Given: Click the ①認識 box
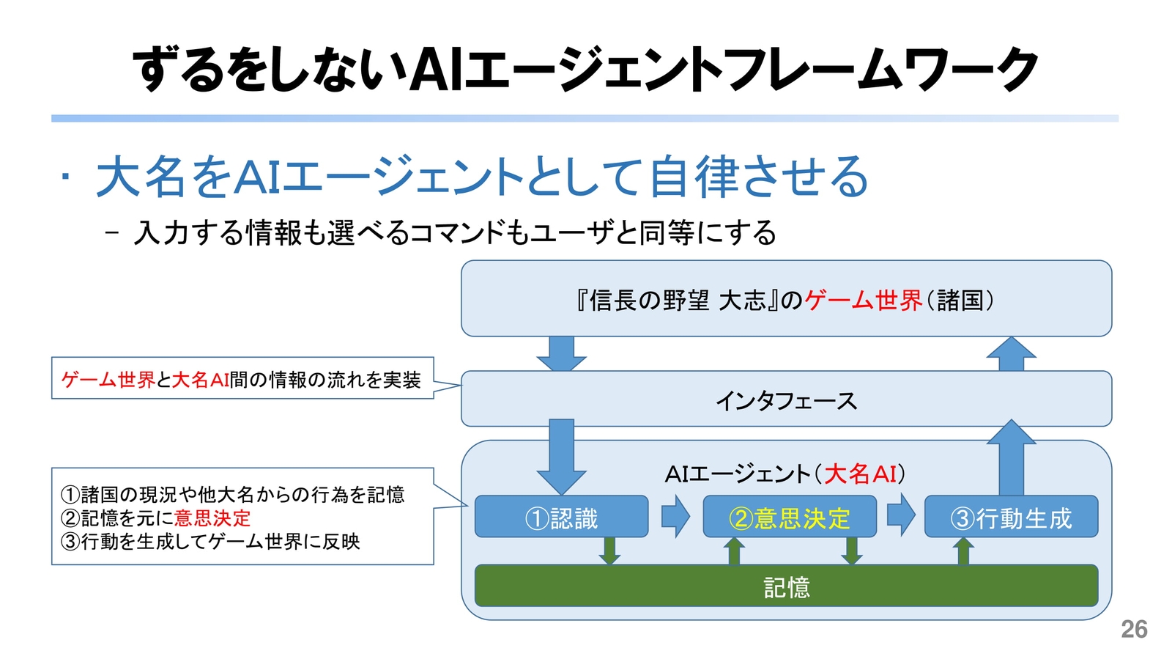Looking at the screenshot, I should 561,517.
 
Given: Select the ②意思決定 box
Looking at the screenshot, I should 789,517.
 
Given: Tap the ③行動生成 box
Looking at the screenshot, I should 1011,517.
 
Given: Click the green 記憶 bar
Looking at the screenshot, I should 786,586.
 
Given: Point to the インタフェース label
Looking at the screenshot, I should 786,400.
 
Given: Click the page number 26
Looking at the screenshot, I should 1134,629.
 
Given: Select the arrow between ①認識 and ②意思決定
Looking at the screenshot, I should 675,516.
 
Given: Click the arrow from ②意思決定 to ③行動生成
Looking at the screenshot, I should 900,515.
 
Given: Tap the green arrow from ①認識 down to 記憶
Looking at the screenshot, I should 609,551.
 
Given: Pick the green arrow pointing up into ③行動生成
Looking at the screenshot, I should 963,551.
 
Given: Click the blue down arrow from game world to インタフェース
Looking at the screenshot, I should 561,353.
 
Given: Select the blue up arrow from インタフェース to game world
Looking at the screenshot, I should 1011,353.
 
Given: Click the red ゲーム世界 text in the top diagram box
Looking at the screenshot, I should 863,300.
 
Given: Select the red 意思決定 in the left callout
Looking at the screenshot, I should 212,518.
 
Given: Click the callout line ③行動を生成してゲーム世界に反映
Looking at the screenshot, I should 210,542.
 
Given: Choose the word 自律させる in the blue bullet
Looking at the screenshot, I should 758,177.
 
